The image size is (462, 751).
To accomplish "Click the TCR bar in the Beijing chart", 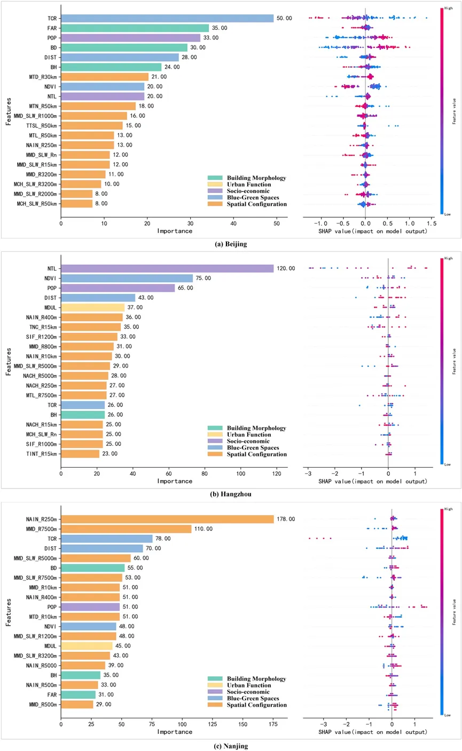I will [x=167, y=18].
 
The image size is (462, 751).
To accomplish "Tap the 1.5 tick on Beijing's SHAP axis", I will [x=431, y=222].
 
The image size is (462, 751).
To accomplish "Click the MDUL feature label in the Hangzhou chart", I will [x=50, y=307].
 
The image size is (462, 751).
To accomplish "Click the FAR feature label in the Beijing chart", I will [x=52, y=28].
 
